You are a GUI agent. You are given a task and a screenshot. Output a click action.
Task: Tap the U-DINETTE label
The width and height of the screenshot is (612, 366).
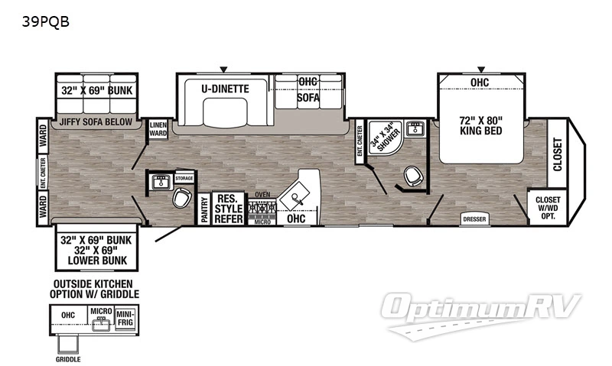[225, 89]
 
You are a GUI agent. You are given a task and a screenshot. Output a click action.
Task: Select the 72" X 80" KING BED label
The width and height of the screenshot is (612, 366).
[480, 126]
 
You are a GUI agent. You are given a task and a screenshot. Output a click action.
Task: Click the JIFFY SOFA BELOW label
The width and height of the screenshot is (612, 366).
[96, 121]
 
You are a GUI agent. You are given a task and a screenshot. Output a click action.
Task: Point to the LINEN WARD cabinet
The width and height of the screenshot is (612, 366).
[158, 129]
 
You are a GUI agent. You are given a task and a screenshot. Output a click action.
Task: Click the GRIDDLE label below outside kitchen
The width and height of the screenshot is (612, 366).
[68, 358]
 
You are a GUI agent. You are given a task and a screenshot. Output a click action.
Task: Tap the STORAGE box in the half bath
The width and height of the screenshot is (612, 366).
[184, 178]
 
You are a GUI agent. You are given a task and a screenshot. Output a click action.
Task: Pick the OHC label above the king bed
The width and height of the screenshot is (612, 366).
[480, 83]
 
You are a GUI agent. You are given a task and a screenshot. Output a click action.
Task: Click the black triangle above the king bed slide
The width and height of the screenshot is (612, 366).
[481, 69]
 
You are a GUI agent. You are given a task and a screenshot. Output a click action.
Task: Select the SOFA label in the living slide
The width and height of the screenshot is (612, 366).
[308, 99]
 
